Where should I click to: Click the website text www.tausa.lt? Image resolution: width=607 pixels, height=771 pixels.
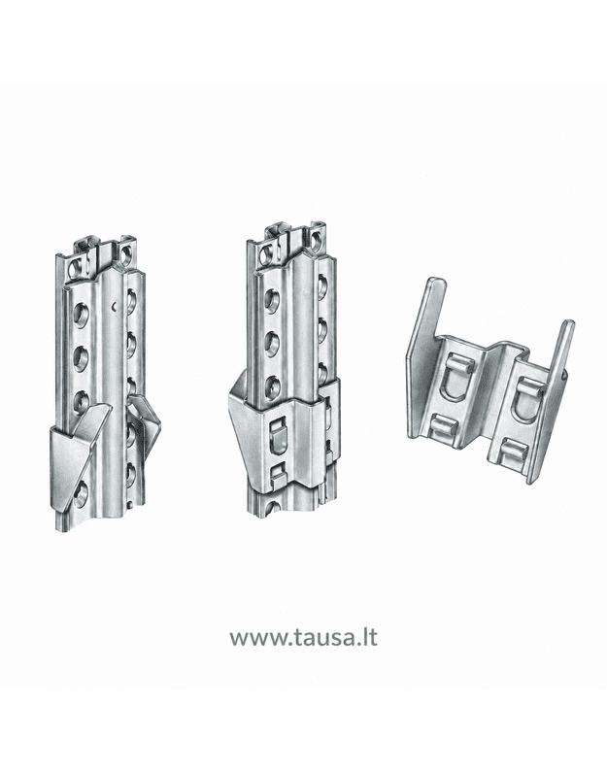[303, 637]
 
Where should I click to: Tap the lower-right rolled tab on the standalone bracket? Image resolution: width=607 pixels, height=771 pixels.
[514, 452]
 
